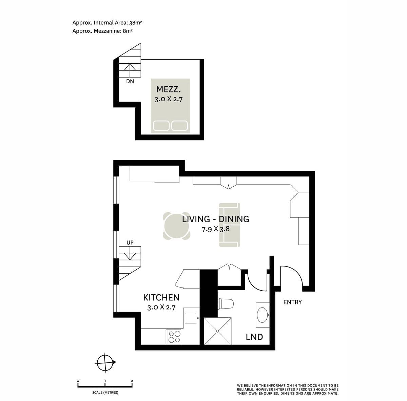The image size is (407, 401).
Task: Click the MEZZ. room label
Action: (168, 89)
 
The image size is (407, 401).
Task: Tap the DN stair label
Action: (130, 81)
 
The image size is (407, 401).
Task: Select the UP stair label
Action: (130, 242)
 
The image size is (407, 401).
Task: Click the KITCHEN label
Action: (161, 297)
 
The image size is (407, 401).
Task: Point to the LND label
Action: (254, 337)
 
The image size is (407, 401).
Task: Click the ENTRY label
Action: (292, 302)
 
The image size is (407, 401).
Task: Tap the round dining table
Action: (176, 226)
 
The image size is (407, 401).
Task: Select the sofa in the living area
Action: (230, 225)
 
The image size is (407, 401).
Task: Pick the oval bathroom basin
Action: (263, 315)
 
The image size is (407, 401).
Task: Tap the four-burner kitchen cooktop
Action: (174, 337)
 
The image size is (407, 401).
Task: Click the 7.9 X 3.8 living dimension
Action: (216, 229)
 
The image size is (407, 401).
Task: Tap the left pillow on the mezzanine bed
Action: (161, 126)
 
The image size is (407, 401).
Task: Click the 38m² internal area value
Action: (136, 23)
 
